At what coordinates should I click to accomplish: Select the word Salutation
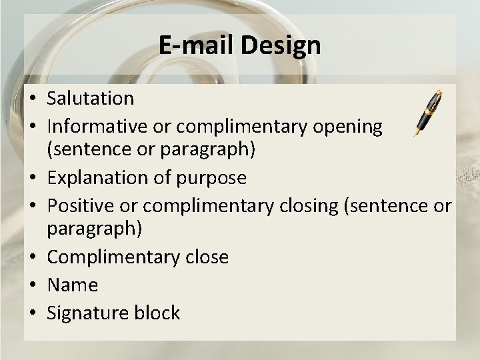coord(90,99)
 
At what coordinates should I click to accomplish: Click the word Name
coord(72,285)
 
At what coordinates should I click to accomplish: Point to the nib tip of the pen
coord(416,137)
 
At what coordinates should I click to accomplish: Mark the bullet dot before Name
coord(32,286)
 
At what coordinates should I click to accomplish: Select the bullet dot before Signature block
coord(32,313)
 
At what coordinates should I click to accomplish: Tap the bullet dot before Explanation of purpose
coord(32,179)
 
